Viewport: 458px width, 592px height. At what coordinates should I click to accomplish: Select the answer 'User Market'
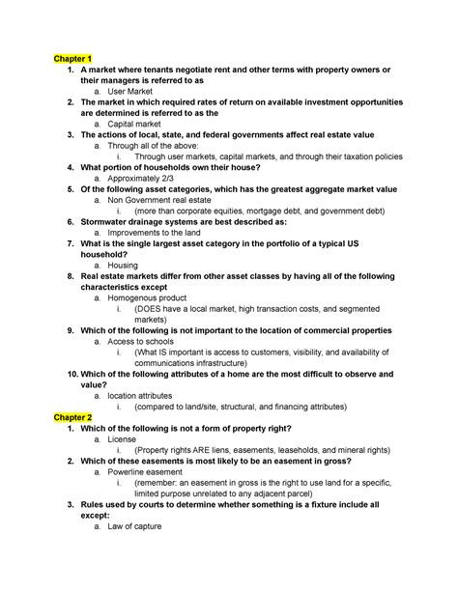(x=135, y=91)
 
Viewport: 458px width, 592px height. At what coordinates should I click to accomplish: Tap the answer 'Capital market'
(x=140, y=125)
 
